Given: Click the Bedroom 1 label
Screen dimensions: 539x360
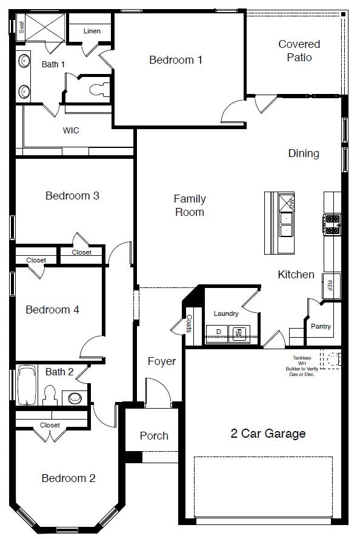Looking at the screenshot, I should pyautogui.click(x=176, y=60).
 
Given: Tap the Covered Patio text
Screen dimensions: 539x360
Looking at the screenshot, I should pyautogui.click(x=299, y=51).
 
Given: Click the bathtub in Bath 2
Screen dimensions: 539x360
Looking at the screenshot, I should pyautogui.click(x=27, y=386).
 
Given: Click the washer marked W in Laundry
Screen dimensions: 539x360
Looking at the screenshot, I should pyautogui.click(x=239, y=333).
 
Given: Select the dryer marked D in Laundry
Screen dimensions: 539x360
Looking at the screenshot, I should pyautogui.click(x=218, y=333).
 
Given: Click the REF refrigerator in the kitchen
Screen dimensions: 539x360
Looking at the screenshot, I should pyautogui.click(x=330, y=285).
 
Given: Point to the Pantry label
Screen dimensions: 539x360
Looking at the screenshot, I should pyautogui.click(x=321, y=326).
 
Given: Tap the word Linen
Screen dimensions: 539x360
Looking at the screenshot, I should pyautogui.click(x=92, y=31).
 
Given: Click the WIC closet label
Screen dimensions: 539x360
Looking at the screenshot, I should pyautogui.click(x=71, y=130).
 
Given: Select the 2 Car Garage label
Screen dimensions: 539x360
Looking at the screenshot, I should pyautogui.click(x=268, y=434).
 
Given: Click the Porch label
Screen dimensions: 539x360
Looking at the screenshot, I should pyautogui.click(x=154, y=436).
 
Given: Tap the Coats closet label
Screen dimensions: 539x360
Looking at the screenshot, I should pyautogui.click(x=189, y=324).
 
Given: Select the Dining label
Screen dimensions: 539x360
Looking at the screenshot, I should pyautogui.click(x=303, y=153).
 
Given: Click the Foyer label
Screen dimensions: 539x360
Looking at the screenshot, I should pyautogui.click(x=162, y=361).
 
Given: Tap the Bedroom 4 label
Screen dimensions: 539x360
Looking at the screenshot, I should pyautogui.click(x=52, y=310).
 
